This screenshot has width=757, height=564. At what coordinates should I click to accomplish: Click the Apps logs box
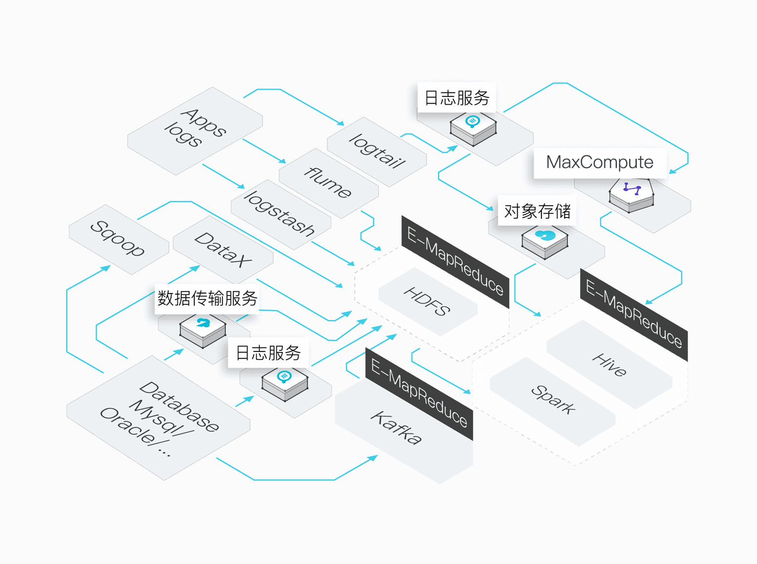tap(195, 131)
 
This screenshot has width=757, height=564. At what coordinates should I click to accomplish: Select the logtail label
tap(377, 151)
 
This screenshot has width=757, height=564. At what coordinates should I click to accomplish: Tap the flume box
tap(329, 183)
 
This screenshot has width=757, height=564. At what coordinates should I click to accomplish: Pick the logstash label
tap(279, 214)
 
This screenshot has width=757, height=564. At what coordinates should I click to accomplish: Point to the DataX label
tap(223, 250)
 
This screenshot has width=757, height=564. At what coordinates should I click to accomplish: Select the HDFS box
tap(428, 302)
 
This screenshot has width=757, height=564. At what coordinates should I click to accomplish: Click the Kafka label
tap(396, 428)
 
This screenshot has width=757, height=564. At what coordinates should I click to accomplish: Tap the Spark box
tap(552, 402)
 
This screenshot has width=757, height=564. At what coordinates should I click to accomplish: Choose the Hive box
tap(609, 364)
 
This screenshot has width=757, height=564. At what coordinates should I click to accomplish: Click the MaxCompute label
tap(600, 163)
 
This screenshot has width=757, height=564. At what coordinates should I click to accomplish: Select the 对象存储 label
tap(537, 211)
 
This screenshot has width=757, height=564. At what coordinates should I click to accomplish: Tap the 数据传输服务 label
tap(207, 298)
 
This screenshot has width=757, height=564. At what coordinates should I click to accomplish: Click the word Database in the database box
tap(178, 407)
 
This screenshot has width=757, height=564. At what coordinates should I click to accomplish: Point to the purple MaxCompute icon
tap(632, 188)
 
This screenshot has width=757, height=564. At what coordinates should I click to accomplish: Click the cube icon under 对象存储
tap(544, 242)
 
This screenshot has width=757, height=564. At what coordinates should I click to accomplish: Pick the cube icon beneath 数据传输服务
tap(203, 331)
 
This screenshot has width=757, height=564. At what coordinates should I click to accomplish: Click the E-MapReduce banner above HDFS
tap(455, 261)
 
